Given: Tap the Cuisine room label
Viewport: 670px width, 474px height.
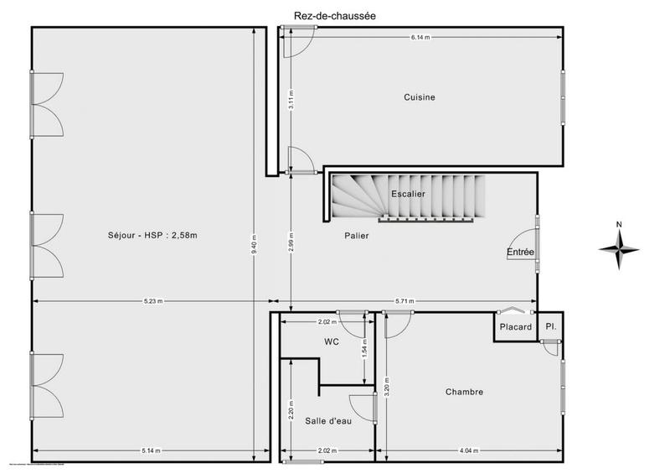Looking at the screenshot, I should [x=420, y=97].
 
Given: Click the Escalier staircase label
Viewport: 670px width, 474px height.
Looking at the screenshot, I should [x=408, y=195].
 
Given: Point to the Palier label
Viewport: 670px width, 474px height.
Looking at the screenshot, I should [x=356, y=236].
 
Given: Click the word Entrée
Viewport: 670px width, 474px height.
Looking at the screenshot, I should [x=520, y=253].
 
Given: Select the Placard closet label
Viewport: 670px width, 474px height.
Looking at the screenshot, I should [x=516, y=327].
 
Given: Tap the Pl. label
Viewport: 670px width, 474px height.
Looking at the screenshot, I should [x=550, y=326].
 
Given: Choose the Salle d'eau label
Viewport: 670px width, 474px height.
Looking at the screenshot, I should [x=328, y=420].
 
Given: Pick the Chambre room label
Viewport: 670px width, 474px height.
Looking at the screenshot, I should [x=464, y=392].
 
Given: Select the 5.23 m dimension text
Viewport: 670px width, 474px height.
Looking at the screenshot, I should [x=152, y=300].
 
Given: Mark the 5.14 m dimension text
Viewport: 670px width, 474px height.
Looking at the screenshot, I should [x=152, y=451].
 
